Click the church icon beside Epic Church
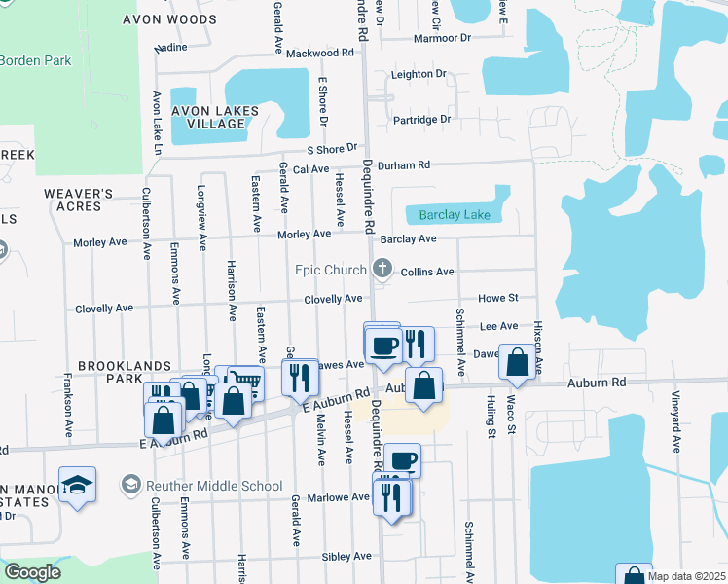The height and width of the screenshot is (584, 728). click(x=382, y=269)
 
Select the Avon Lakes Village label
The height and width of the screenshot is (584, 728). click(x=214, y=118)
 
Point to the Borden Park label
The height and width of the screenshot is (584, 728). click(x=35, y=60)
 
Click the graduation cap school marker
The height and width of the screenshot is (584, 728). click(x=78, y=485)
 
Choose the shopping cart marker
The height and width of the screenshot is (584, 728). click(x=245, y=383)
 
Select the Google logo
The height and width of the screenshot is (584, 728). click(x=32, y=571)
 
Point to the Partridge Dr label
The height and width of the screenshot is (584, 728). click(x=421, y=120)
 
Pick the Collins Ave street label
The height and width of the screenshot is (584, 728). click(x=427, y=273)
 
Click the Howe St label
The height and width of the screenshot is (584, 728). click(x=497, y=298)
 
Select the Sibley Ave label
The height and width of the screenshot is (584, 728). click(x=347, y=557)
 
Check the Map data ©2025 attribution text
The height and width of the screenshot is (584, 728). click(x=686, y=576)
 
